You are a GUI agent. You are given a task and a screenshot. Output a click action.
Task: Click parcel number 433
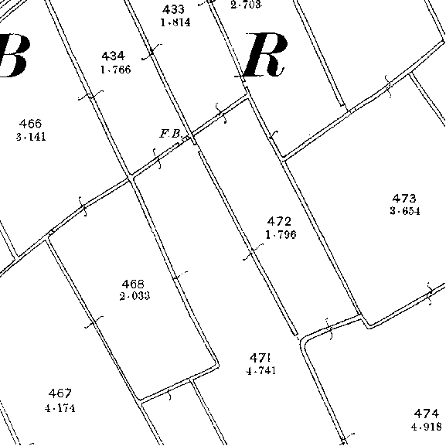pos(173,10)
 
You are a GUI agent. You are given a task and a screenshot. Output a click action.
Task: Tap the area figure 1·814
pos(175,22)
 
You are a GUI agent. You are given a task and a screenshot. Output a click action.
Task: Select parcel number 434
pos(113,56)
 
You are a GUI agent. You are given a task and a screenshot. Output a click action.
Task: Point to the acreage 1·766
pos(116,70)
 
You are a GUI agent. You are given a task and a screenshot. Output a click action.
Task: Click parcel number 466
pos(31,124)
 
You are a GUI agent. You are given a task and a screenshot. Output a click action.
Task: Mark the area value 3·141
pos(31,137)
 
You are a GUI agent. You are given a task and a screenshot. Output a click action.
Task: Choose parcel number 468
pos(133,284)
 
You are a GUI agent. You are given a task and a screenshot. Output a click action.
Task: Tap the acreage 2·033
pos(134,296)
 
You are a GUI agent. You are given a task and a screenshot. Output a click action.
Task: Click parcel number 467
pos(60,393)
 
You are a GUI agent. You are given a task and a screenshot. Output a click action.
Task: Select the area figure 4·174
pos(60,408)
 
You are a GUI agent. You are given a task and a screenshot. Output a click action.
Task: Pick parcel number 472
pos(279,221)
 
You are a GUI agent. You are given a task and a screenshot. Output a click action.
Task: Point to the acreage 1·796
pos(281,235)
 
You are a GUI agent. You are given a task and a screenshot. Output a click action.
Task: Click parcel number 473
pos(404,198)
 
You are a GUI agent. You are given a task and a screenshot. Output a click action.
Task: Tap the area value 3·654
pos(405,211)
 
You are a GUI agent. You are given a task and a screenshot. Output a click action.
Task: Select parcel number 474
pos(426,414)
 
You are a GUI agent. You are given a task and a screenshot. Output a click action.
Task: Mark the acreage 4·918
pos(427,427)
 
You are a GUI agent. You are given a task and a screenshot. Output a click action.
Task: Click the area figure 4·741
pos(261,370)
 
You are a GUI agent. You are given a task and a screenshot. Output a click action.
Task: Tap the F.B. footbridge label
pos(171,134)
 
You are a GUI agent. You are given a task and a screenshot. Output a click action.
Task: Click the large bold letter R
pos(260,55)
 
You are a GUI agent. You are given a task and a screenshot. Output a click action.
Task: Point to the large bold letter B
pos(14,56)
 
